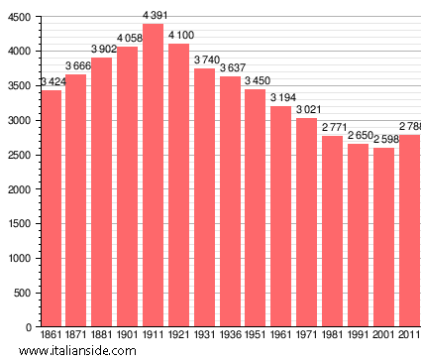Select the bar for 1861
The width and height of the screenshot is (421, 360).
point(52,208)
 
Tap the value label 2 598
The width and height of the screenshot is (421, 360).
point(384,139)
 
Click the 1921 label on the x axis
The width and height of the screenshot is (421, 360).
point(179,335)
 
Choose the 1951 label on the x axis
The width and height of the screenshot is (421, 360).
point(256,335)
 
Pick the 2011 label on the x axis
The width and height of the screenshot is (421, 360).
point(409,335)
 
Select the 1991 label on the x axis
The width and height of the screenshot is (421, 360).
point(358,335)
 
